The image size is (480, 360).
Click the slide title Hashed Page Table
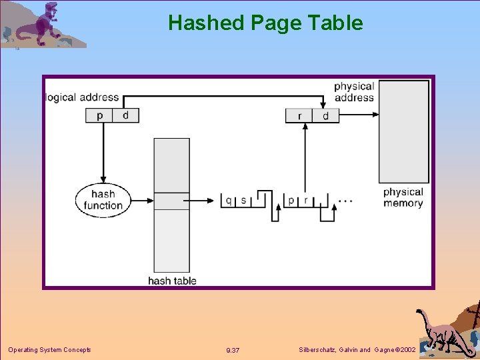(x=265, y=23)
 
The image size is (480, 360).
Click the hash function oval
(x=103, y=199)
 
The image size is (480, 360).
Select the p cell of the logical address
(x=99, y=115)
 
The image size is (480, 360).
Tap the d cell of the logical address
(x=125, y=115)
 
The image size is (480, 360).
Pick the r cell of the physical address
(x=299, y=116)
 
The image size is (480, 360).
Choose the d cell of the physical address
(x=325, y=116)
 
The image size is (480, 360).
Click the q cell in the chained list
(x=229, y=200)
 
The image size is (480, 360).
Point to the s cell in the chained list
(x=243, y=200)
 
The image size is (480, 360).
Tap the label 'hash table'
(x=172, y=281)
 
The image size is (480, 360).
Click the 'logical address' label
(x=81, y=97)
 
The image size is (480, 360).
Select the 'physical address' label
(x=354, y=92)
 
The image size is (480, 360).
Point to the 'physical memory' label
(x=403, y=197)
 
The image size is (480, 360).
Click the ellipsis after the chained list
(x=345, y=199)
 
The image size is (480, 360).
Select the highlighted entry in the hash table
(x=171, y=201)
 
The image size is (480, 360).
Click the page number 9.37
(x=233, y=351)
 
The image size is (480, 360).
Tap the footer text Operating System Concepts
(x=49, y=350)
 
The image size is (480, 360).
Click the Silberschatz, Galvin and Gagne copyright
(x=358, y=350)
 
